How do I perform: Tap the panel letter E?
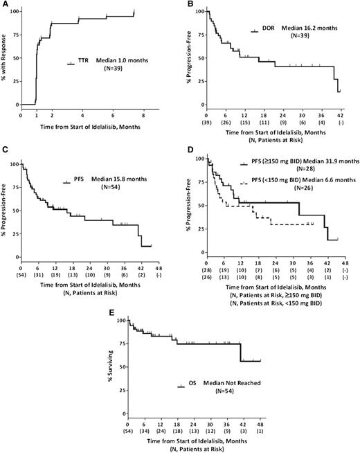coord(99,308)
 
